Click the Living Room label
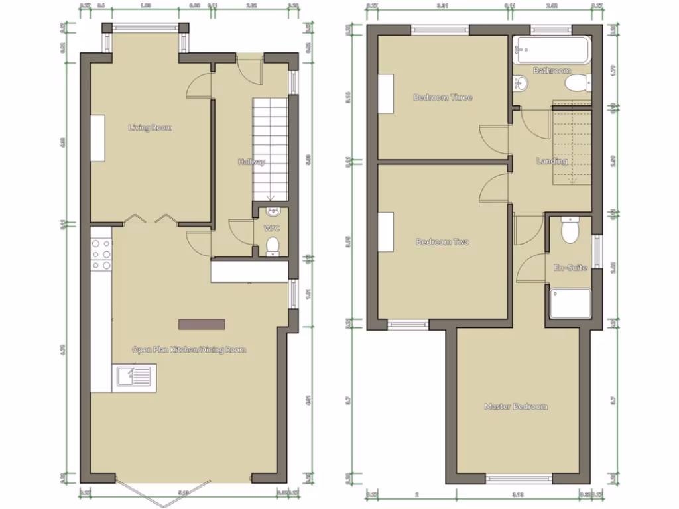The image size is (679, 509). pos(151,127)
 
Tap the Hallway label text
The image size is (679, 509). pos(252,162)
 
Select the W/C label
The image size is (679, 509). pos(273,228)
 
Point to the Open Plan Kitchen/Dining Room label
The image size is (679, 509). pos(189,349)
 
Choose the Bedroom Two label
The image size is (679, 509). pos(442,242)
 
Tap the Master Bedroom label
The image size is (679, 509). pos(516,406)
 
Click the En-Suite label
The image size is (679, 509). pos(570,268)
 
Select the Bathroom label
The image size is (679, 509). pos(552,70)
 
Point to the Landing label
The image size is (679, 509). pos(552,161)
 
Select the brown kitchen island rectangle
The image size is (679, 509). pos(202,324)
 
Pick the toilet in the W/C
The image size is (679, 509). pos(272,246)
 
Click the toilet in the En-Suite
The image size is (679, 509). pos(570,230)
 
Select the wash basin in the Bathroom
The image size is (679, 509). pos(521,83)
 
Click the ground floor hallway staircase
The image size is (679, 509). pos(269,148)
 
